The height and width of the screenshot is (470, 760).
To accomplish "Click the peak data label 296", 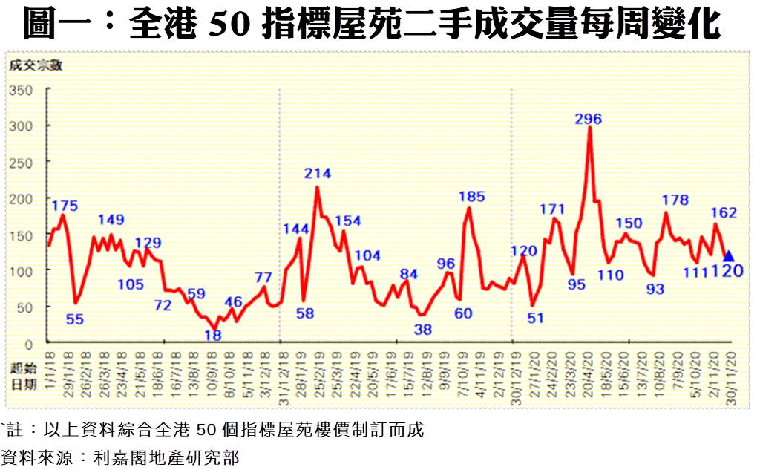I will coord(588,119).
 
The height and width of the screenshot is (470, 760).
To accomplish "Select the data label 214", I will coord(317,174).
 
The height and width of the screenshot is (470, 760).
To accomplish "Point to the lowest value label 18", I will coord(213,335).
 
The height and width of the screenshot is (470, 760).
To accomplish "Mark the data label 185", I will coord(471,197).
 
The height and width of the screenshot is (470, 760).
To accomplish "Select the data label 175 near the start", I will coord(65,206).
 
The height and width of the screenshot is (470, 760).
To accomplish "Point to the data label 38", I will coord(423,329).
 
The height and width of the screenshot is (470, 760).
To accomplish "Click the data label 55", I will coord(74,320).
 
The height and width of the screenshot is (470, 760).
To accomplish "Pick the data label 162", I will coord(724,212).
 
